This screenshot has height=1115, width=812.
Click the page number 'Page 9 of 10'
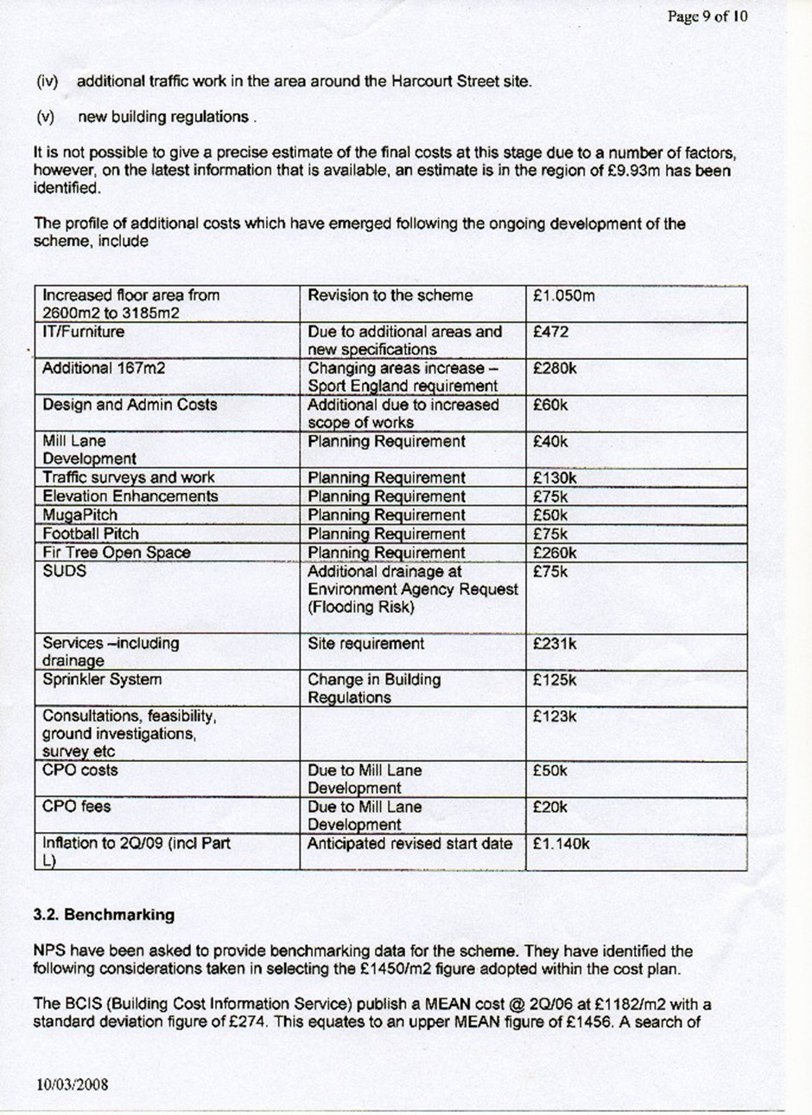pyautogui.click(x=707, y=16)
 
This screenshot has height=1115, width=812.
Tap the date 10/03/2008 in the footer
pyautogui.click(x=73, y=1085)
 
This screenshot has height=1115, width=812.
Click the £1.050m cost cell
pyautogui.click(x=564, y=296)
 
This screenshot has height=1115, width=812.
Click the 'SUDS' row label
pyautogui.click(x=61, y=571)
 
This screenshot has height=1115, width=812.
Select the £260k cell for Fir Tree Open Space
pyautogui.click(x=555, y=553)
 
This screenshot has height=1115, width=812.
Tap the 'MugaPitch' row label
pyautogui.click(x=80, y=515)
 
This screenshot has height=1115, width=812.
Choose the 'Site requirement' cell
pyautogui.click(x=366, y=644)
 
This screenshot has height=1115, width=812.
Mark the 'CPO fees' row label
pyautogui.click(x=76, y=807)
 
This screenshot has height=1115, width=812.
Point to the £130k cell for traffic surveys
pyautogui.click(x=555, y=478)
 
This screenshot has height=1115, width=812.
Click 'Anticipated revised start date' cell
pyautogui.click(x=410, y=844)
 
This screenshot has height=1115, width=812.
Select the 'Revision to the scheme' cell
pyautogui.click(x=390, y=296)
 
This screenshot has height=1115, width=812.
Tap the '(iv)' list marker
pyautogui.click(x=47, y=83)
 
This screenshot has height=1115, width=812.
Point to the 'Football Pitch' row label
pyautogui.click(x=91, y=534)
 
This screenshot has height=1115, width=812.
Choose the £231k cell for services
pyautogui.click(x=555, y=644)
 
